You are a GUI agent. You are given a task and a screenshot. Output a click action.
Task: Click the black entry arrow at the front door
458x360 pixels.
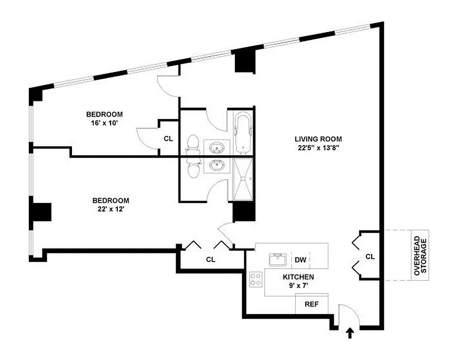coord(350,333)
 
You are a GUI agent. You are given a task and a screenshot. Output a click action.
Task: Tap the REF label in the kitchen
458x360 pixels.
coord(311,304)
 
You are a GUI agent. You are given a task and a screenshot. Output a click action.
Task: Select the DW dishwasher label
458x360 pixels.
coord(301,260)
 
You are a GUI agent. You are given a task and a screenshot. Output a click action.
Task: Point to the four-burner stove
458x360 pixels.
coord(256,279)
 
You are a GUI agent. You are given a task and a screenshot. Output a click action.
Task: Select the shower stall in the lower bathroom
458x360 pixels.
coord(244,179)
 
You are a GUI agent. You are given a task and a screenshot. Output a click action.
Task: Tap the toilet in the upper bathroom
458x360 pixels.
coord(193,144)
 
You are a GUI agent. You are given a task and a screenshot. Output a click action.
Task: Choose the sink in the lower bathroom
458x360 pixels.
coord(218,166)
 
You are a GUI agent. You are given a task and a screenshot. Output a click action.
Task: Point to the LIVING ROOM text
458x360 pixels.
coord(318,139)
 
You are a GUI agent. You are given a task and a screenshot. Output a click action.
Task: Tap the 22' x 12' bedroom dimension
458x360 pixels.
coord(110,209)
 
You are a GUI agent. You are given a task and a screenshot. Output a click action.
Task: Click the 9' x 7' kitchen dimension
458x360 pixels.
coord(298,285)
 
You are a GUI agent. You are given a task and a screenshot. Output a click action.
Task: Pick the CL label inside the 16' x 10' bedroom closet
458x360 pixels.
coord(168,139)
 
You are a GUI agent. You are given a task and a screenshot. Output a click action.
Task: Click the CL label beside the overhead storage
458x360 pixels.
coord(370,256)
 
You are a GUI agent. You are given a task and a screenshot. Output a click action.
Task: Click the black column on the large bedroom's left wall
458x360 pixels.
coord(40,212)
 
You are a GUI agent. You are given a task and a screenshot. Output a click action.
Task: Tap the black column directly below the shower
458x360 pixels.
coord(244,211)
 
